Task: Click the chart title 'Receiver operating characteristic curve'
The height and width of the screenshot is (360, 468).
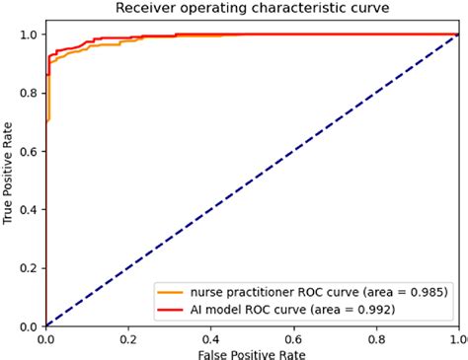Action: coord(253,9)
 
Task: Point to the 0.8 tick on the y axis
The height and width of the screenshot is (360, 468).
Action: coord(32,94)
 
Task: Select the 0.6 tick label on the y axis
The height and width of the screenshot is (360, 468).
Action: coord(32,152)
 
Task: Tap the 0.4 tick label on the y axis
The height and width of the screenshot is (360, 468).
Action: coord(32,210)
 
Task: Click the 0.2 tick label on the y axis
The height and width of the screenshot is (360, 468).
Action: coord(32,268)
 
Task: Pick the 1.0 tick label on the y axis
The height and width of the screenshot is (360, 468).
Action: coord(32,36)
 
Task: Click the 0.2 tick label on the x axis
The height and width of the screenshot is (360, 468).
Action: coord(129,337)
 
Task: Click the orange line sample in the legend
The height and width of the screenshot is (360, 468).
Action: coord(171,292)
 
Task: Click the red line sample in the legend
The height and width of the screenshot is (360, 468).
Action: coord(171,309)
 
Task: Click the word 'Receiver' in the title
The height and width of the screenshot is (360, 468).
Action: coord(142,9)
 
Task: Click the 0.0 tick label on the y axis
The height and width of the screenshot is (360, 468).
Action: coord(32,326)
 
